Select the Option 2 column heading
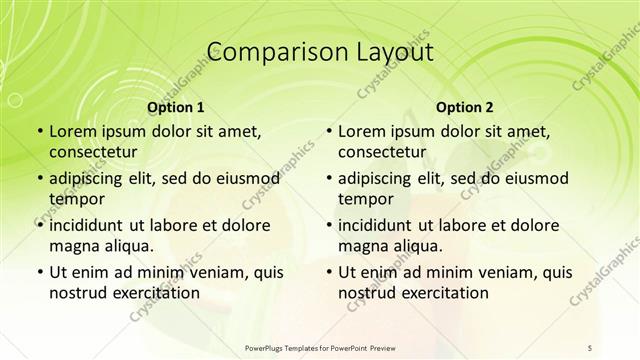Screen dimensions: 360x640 (464, 107)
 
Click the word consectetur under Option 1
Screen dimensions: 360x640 (95, 152)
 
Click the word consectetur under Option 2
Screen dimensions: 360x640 (384, 152)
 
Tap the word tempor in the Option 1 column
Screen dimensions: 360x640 (75, 199)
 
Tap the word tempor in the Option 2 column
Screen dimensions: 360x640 (364, 199)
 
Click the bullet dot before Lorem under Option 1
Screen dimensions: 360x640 (38, 132)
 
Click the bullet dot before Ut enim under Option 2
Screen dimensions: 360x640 (327, 272)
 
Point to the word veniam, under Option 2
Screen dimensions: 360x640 (476, 272)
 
